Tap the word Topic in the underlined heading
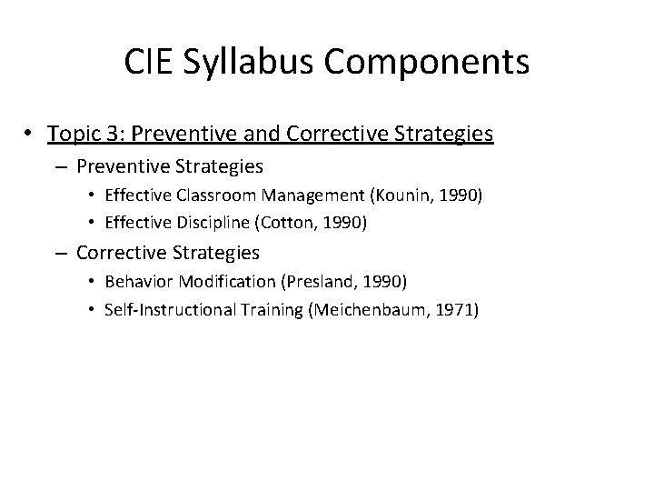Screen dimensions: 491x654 coord(74,135)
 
